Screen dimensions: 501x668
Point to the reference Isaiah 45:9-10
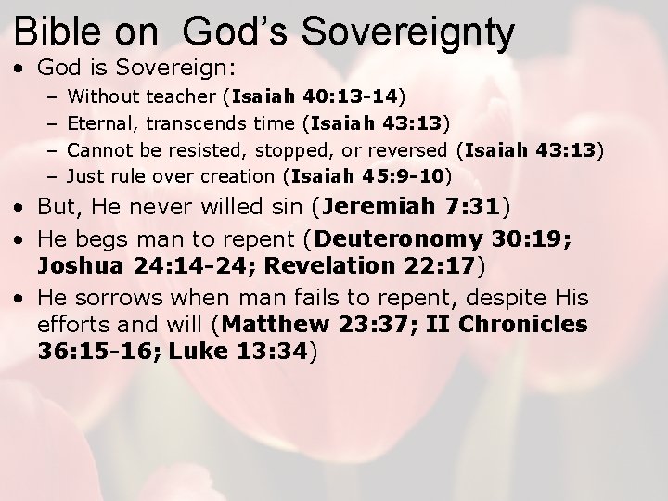click(x=369, y=173)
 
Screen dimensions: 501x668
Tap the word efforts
click(x=70, y=326)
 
